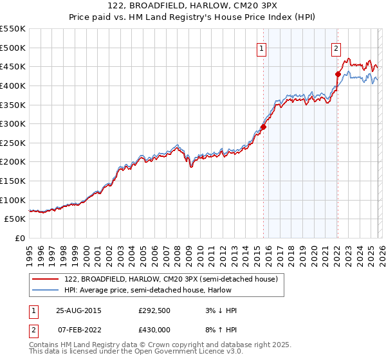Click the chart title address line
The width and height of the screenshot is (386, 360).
[x=193, y=6]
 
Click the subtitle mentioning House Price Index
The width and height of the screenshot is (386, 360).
[x=193, y=17]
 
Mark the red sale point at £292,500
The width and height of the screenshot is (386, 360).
[x=263, y=127]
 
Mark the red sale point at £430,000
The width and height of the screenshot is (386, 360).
[x=337, y=74]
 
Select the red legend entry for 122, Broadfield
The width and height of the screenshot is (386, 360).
[x=170, y=279]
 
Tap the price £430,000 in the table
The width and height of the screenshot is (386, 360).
[x=154, y=329]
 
